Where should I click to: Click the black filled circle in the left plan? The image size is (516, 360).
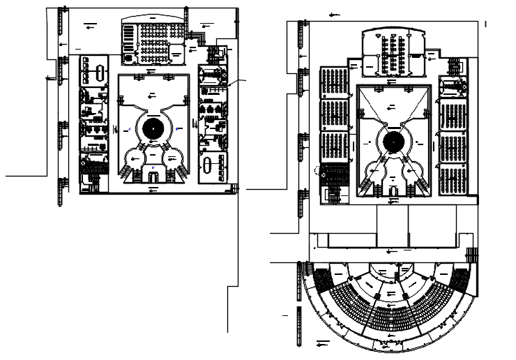click(x=153, y=128)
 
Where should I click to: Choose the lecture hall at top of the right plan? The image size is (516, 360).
click(x=394, y=54)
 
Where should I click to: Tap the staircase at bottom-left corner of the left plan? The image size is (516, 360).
click(x=91, y=186)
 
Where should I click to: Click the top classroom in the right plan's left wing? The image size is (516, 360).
click(x=334, y=82)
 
